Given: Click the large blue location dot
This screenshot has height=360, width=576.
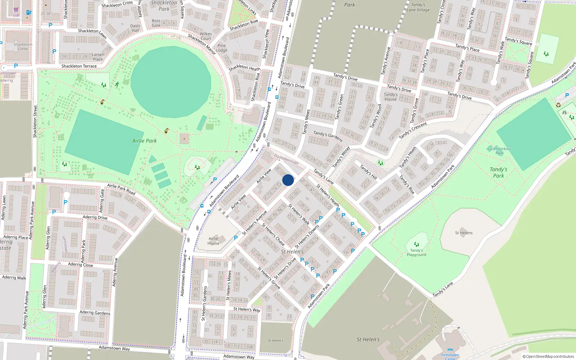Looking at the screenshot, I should point(288,180).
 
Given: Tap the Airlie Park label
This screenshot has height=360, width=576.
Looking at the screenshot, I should point(144,141).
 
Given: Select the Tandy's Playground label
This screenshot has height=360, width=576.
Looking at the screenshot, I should point(417,252).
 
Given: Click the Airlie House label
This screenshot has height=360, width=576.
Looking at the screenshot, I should point(213,241).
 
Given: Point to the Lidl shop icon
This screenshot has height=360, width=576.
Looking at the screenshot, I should point(16,10).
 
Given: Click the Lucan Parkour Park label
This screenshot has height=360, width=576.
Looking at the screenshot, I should point(499,150).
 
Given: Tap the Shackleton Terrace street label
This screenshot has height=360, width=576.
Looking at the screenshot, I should point(79,66).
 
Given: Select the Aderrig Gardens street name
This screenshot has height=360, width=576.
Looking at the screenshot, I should point(95,312).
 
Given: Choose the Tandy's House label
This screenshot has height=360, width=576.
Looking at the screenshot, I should point(391,97).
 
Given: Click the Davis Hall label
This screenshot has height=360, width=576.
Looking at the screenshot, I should point(135,28).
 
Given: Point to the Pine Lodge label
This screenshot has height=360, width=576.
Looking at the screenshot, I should point(222,48).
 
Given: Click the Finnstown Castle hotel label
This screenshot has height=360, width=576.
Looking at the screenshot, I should point(450,356).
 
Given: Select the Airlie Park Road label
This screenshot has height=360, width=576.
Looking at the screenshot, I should point(121,189).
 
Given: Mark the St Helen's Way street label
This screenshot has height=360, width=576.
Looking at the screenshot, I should point(247,309).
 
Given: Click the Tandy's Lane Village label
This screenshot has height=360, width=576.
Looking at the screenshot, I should point(418,7).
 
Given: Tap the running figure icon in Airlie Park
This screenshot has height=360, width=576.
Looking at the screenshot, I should point(117,84).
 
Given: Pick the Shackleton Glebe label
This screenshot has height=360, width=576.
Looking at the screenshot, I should point(23,47).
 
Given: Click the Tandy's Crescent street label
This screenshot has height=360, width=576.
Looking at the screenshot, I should point(413,130).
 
